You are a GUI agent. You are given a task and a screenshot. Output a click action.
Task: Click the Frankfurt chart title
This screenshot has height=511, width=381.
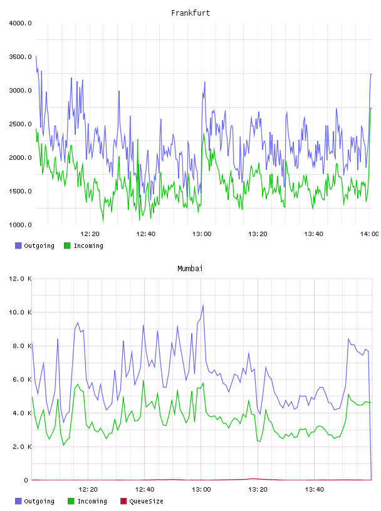pos(190,13)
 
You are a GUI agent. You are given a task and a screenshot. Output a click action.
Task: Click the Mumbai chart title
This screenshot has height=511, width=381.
pos(190,269)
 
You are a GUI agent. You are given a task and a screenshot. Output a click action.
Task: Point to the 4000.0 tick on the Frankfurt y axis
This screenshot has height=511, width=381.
pos(20,23)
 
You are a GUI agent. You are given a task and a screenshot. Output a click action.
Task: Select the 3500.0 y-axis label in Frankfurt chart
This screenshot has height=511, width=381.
pos(20,57)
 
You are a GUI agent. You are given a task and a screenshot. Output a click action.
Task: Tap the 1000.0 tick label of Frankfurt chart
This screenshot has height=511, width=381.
pos(20,225)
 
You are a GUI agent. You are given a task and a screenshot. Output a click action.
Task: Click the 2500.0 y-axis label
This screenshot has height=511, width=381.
pos(20,124)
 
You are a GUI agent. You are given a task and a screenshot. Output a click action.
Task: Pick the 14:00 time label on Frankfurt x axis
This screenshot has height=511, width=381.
pos(370,234)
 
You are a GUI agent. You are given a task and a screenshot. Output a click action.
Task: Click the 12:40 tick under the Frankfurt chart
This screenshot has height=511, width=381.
pos(146,234)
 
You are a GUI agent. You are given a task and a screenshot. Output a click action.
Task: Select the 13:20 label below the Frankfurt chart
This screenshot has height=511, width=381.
pos(258,234)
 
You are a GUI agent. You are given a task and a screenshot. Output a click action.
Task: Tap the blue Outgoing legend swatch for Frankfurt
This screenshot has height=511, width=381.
pos(18,245)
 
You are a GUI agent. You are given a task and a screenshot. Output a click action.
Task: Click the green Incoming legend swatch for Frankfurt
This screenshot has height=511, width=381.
pos(67,245)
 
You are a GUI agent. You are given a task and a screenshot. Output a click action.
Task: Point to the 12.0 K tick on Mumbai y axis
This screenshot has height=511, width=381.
pos(20,279)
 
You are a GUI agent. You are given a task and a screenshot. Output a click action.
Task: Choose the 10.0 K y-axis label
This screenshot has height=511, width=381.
pos(20,312)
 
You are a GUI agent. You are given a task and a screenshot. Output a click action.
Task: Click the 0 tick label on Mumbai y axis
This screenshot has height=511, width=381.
pos(26,480)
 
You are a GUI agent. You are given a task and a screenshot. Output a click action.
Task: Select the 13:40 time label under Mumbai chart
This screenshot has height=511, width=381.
pos(315,490)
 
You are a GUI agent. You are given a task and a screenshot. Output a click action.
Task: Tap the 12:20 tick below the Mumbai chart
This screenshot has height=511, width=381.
pos(88,490)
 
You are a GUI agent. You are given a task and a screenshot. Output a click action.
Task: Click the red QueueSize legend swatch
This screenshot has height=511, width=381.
pos(123,501)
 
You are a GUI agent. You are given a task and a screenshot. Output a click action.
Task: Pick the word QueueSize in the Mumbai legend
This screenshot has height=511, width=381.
pos(146,501)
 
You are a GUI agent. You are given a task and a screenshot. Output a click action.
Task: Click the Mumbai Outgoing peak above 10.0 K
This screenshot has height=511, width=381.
pos(203,305)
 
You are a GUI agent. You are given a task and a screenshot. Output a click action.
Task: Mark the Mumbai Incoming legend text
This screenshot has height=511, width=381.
pos(92,501)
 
